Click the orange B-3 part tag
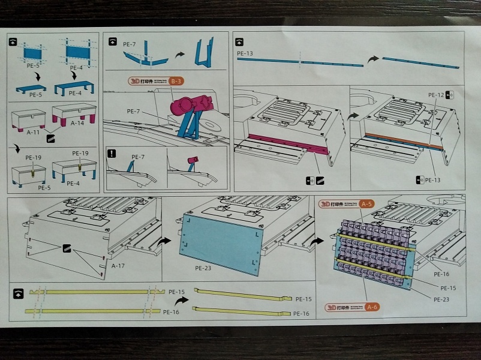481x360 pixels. coord(176,80)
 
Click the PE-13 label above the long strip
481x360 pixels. coord(245,54)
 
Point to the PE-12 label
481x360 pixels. coord(435,95)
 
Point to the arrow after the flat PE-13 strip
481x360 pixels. coord(372,59)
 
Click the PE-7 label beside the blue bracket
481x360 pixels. coord(135,112)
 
